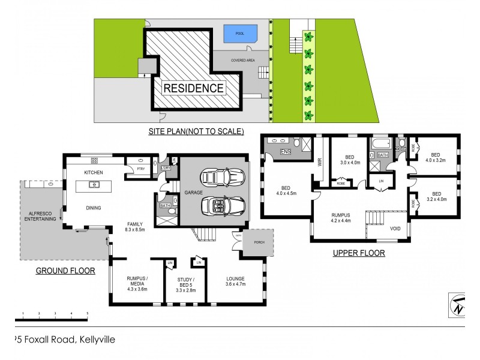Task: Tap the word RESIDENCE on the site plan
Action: pyautogui.click(x=194, y=88)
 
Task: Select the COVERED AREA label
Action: pyautogui.click(x=245, y=61)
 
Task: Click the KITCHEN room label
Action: pyautogui.click(x=94, y=173)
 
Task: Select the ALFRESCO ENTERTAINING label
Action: pyautogui.click(x=40, y=216)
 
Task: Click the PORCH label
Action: pyautogui.click(x=258, y=243)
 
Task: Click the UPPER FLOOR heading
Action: pyautogui.click(x=359, y=253)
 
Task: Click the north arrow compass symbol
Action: pyautogui.click(x=457, y=304)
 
